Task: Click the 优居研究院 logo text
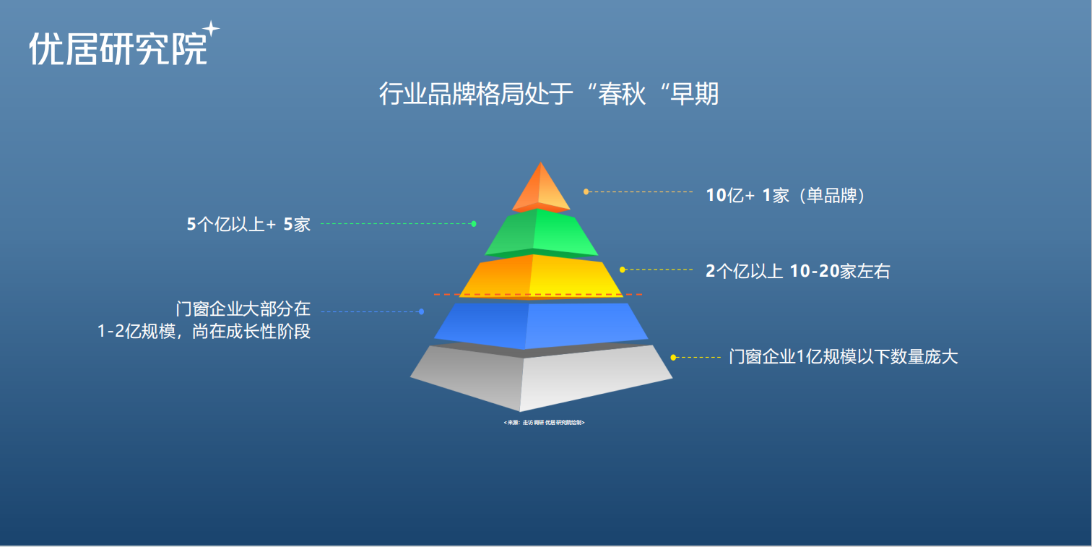point(118,49)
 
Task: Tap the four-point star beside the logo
point(211,29)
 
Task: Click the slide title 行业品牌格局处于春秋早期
point(549,94)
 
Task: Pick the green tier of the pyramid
point(542,231)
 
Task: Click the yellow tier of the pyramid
point(541,276)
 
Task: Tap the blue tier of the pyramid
point(541,324)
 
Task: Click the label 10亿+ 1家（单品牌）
point(785,195)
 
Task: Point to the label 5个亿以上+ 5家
point(248,225)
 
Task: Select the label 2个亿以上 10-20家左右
point(797,272)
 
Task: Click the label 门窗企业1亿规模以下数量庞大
point(843,357)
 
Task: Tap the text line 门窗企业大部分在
point(243,309)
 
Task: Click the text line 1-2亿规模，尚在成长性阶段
point(204,332)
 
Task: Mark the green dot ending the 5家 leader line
point(474,224)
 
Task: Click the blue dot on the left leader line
point(421,311)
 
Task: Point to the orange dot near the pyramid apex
point(586,191)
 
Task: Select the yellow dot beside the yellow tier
point(623,270)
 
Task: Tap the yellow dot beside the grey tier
point(673,357)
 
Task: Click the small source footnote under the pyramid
point(544,422)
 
